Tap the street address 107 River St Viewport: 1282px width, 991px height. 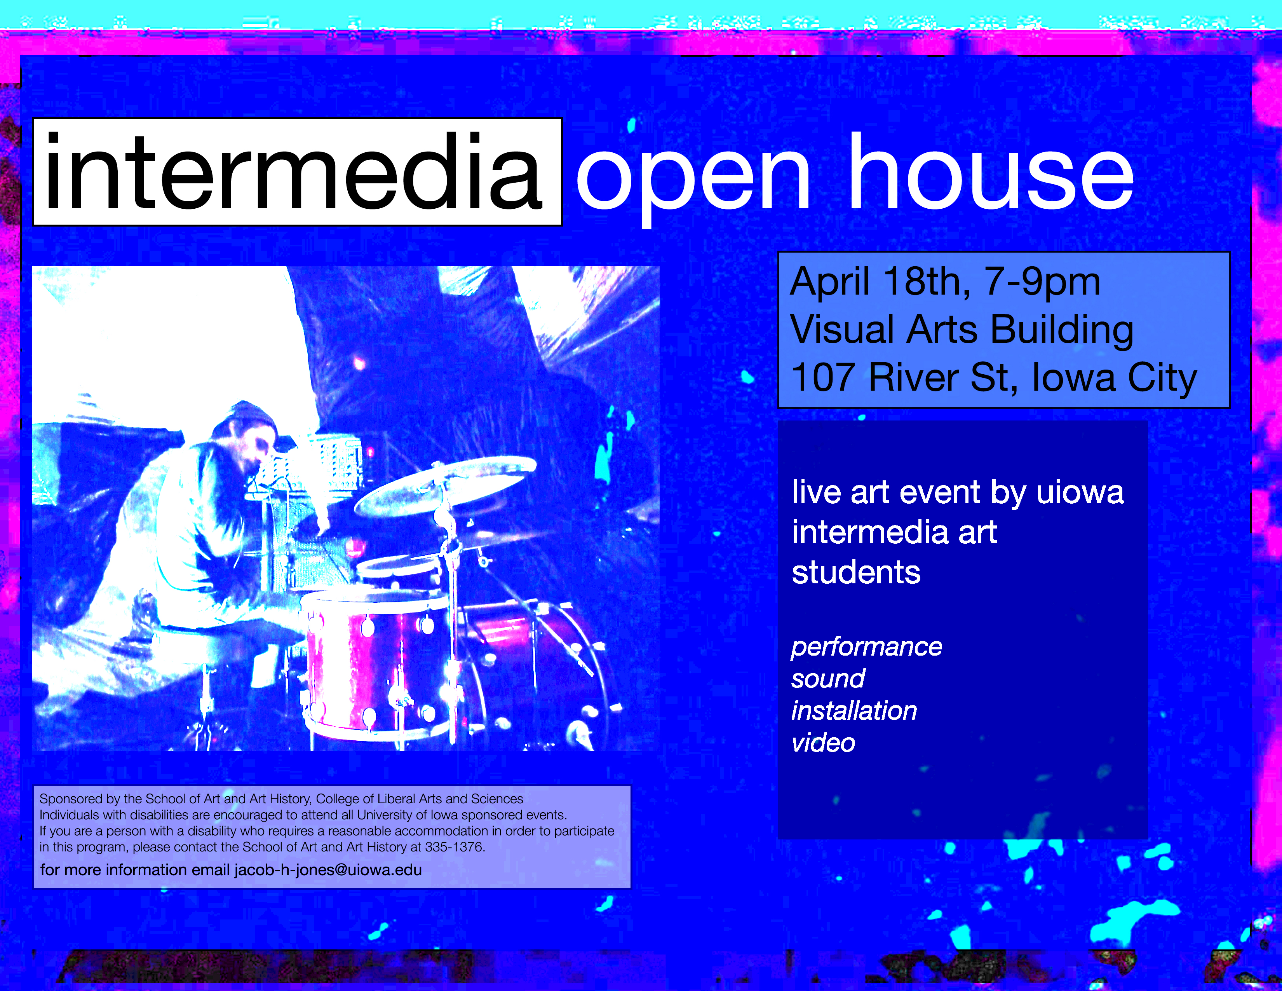[904, 377]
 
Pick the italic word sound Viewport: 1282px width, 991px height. [827, 679]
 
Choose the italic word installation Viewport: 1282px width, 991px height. [854, 710]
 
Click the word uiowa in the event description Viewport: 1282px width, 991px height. [1080, 492]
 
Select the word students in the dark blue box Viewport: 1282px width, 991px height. [856, 572]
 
